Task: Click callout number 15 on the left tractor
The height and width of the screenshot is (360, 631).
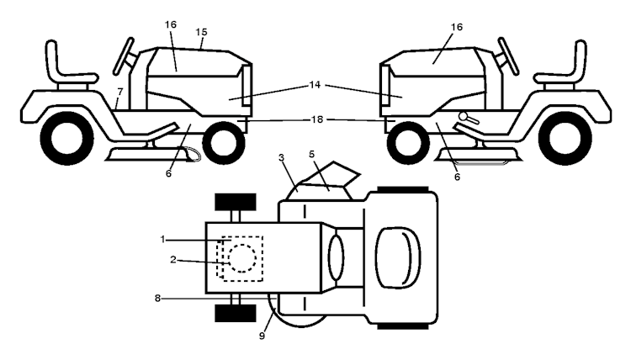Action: pyautogui.click(x=201, y=32)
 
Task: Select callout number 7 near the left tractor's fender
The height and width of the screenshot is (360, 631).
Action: pyautogui.click(x=119, y=92)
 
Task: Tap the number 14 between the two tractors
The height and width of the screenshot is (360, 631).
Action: pyautogui.click(x=315, y=85)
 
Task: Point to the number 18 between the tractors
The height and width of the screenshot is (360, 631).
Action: pyautogui.click(x=316, y=119)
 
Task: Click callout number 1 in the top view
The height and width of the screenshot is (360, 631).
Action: pyautogui.click(x=162, y=240)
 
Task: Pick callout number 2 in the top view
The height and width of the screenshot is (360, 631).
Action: pyautogui.click(x=173, y=260)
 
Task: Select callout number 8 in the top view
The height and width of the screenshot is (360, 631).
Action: pyautogui.click(x=157, y=298)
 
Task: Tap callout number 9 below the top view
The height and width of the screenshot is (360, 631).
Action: pyautogui.click(x=262, y=336)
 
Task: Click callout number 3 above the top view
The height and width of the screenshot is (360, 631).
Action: pyautogui.click(x=281, y=157)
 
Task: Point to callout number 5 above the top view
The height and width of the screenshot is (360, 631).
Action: pyautogui.click(x=311, y=154)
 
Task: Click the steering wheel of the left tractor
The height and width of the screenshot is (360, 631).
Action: pyautogui.click(x=124, y=56)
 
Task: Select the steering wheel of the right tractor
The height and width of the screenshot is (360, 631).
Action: pyautogui.click(x=508, y=56)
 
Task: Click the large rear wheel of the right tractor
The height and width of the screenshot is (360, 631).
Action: pyautogui.click(x=570, y=139)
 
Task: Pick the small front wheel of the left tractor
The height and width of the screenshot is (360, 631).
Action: pyautogui.click(x=224, y=142)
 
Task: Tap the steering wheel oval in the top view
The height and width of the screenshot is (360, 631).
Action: pyautogui.click(x=336, y=257)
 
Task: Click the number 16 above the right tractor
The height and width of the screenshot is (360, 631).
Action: pyautogui.click(x=456, y=27)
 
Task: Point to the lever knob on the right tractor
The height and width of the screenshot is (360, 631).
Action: pyautogui.click(x=463, y=116)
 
